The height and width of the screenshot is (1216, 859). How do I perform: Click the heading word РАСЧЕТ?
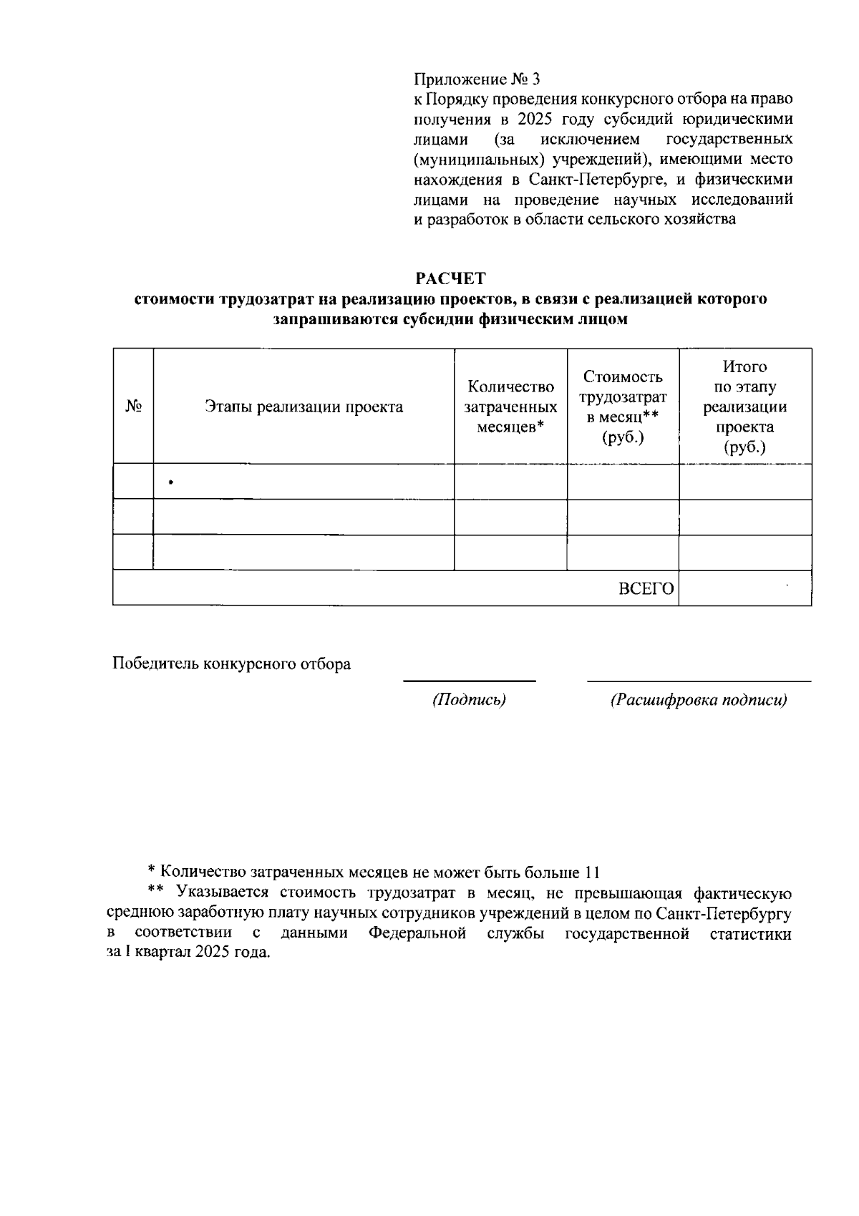tap(450, 277)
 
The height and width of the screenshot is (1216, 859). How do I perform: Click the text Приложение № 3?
tap(477, 78)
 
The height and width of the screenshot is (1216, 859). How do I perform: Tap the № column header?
tap(133, 407)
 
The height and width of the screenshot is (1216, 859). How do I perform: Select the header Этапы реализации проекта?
tap(304, 407)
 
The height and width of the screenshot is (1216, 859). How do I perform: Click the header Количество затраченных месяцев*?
tap(510, 407)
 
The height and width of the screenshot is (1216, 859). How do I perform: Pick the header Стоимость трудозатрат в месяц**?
tap(623, 407)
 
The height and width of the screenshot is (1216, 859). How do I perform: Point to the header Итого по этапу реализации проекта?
tap(744, 407)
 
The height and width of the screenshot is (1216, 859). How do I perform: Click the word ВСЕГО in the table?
tap(646, 588)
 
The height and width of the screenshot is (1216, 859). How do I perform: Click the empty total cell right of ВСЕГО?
tap(744, 588)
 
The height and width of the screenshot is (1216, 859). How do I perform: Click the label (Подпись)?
tap(468, 700)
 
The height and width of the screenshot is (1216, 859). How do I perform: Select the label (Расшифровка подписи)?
tap(698, 700)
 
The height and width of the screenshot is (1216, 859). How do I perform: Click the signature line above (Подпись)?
tap(469, 681)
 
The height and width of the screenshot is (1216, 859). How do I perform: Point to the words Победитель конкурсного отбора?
tap(231, 663)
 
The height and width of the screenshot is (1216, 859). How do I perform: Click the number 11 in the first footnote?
tap(591, 872)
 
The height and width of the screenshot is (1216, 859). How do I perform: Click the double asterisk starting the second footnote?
tap(156, 892)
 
